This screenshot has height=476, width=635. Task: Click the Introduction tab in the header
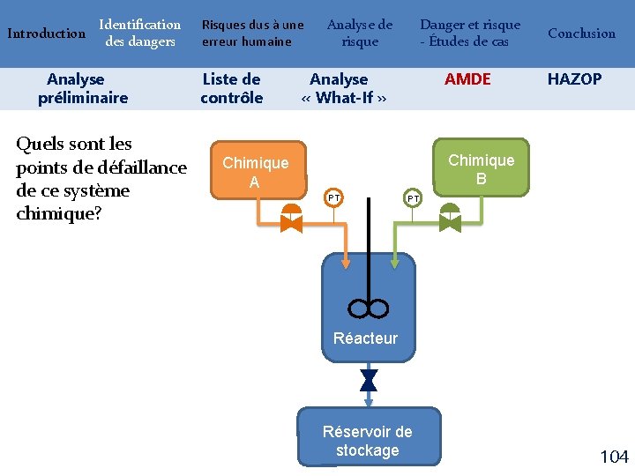point(46,33)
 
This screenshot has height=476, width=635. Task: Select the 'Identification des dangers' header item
point(139,33)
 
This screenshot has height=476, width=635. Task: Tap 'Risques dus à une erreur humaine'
point(252,33)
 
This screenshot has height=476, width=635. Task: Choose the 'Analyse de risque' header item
point(360,33)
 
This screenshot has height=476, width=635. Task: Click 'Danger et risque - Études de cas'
point(469,33)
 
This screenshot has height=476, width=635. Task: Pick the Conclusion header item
point(581,33)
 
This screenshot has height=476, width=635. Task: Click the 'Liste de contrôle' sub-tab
point(231,88)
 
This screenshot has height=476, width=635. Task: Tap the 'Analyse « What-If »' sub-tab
point(343,88)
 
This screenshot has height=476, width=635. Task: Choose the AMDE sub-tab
point(467,79)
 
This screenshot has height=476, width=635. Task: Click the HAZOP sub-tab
point(574,79)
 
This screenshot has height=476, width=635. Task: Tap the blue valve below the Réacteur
point(369,380)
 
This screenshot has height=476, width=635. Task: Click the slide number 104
point(614,457)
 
